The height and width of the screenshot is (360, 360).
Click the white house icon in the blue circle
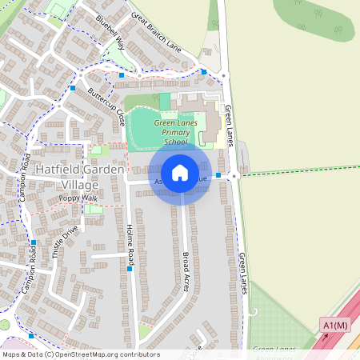[180, 172]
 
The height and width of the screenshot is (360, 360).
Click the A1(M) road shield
[335, 325]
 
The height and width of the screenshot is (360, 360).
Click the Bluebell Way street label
[110, 32]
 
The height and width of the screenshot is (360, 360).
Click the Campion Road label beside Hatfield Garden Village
[25, 175]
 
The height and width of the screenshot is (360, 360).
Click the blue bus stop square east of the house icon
[218, 174]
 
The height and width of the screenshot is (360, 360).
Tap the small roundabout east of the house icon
[234, 176]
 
